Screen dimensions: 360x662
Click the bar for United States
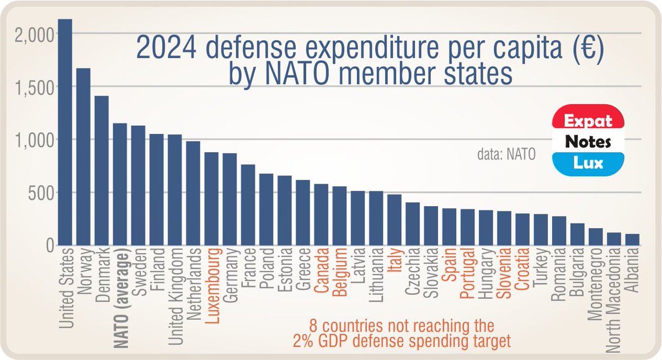[x=65, y=132]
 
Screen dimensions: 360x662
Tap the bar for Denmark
[x=102, y=171]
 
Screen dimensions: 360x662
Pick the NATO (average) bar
[x=120, y=185]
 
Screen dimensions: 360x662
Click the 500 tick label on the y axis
[x=41, y=194]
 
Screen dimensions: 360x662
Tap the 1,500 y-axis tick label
[x=34, y=87]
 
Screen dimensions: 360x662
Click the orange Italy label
[x=394, y=262]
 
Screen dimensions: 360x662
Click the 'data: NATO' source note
[x=506, y=154]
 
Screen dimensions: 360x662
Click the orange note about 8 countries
[x=401, y=332]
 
